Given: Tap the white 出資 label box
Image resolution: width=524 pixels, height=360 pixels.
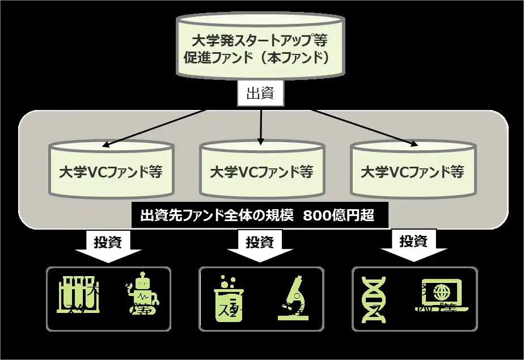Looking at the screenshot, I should (x=260, y=94).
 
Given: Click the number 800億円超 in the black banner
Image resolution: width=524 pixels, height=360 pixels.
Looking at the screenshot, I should (x=338, y=216).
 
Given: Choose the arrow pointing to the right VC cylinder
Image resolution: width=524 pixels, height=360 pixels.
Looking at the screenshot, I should (x=363, y=127).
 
